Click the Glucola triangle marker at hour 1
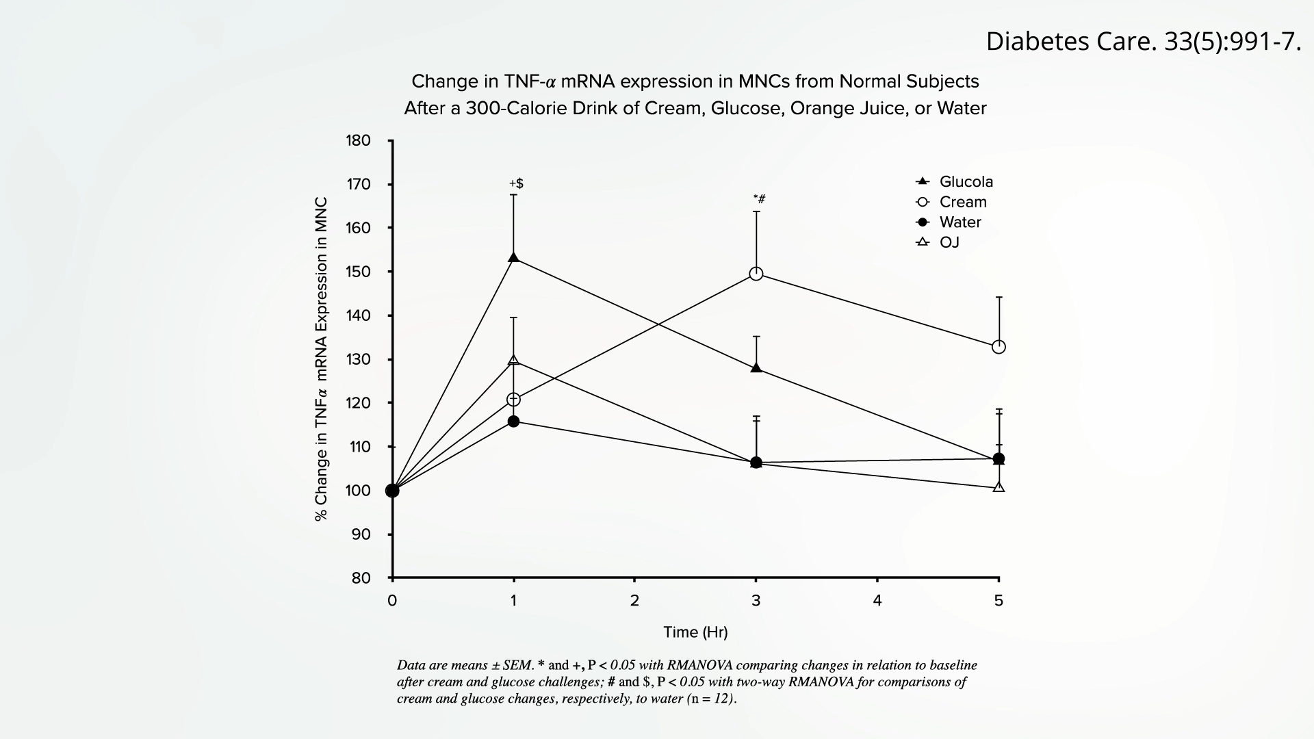point(514,257)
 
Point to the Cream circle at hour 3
point(756,274)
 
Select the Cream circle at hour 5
point(999,347)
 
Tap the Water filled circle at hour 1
point(514,421)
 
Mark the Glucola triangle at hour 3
point(756,367)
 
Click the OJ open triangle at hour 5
point(999,487)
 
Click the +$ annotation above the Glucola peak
point(516,183)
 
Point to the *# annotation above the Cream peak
point(759,199)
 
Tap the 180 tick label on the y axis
point(358,141)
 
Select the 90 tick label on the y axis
point(361,534)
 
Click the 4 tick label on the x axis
point(877,601)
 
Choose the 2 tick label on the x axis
point(634,601)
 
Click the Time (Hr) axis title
point(695,632)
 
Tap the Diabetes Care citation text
point(1143,42)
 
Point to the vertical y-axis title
point(321,359)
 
